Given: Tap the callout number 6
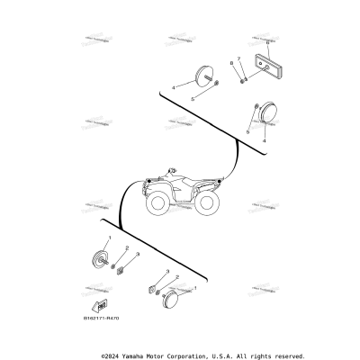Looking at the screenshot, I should coord(268,41).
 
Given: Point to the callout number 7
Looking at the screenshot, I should coord(238,58).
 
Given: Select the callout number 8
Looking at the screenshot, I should coord(230,63).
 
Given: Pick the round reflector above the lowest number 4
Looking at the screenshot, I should coord(266,113).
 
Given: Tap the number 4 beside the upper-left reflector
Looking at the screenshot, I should coord(174,88).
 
